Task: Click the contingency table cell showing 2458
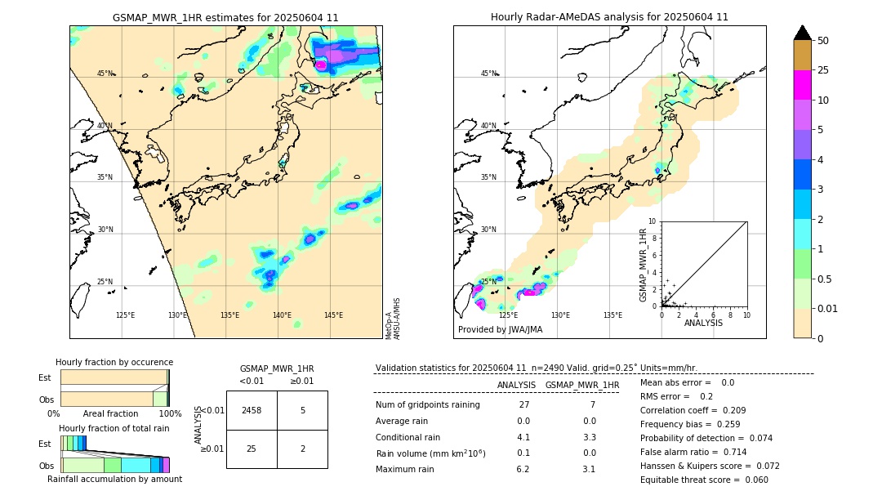click(x=252, y=410)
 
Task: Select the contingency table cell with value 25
click(x=252, y=449)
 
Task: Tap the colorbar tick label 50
click(x=823, y=41)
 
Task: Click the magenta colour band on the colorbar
click(x=802, y=85)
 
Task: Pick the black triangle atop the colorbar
click(x=802, y=33)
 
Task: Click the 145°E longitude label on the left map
click(x=333, y=315)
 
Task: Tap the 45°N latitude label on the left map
click(x=105, y=74)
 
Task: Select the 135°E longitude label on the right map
click(x=612, y=315)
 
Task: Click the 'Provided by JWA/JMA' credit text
click(x=500, y=330)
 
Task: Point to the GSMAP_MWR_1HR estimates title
click(x=225, y=17)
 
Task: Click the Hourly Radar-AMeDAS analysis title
click(x=609, y=17)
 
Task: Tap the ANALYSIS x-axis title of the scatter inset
click(x=703, y=323)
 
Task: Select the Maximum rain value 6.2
click(x=523, y=470)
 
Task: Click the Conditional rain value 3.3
click(x=589, y=437)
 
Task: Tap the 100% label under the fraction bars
click(x=170, y=414)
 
